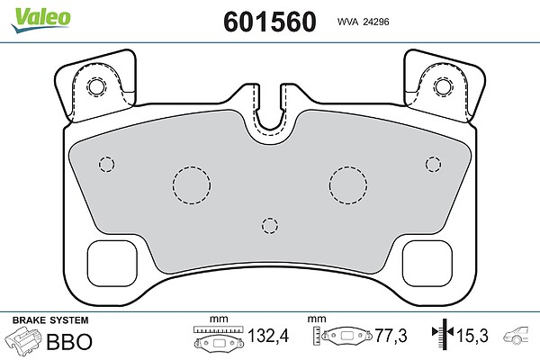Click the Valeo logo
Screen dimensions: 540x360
pos(41,20)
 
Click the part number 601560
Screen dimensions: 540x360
pos(270,22)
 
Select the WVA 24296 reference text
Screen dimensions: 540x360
pos(363,22)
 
